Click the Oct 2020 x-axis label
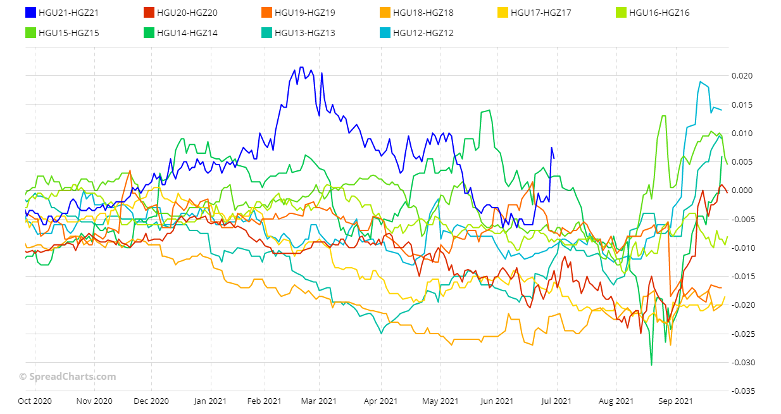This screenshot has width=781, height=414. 34,401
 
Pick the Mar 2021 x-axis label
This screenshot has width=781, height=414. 318,401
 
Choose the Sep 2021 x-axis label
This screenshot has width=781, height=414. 675,401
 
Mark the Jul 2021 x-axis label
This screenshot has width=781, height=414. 557,401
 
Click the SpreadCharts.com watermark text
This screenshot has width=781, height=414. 68,377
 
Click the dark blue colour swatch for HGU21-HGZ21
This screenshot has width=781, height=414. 30,12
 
